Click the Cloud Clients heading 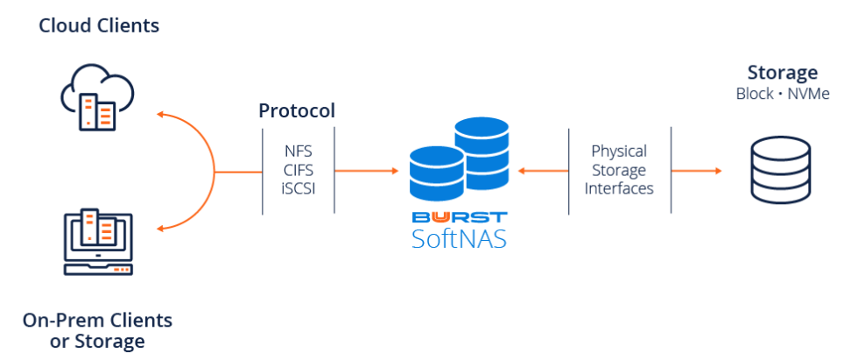tap(99, 25)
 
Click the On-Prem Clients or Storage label tap(97, 329)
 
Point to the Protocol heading tap(297, 111)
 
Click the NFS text tap(298, 150)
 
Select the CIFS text tap(298, 169)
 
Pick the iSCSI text tap(298, 188)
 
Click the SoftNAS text tap(459, 237)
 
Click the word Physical tap(619, 151)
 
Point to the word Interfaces tap(619, 188)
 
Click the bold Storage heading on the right tap(782, 73)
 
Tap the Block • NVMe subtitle tap(782, 94)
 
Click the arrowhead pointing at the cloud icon tap(159, 114)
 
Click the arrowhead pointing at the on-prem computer tap(159, 229)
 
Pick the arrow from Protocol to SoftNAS tap(368, 171)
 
